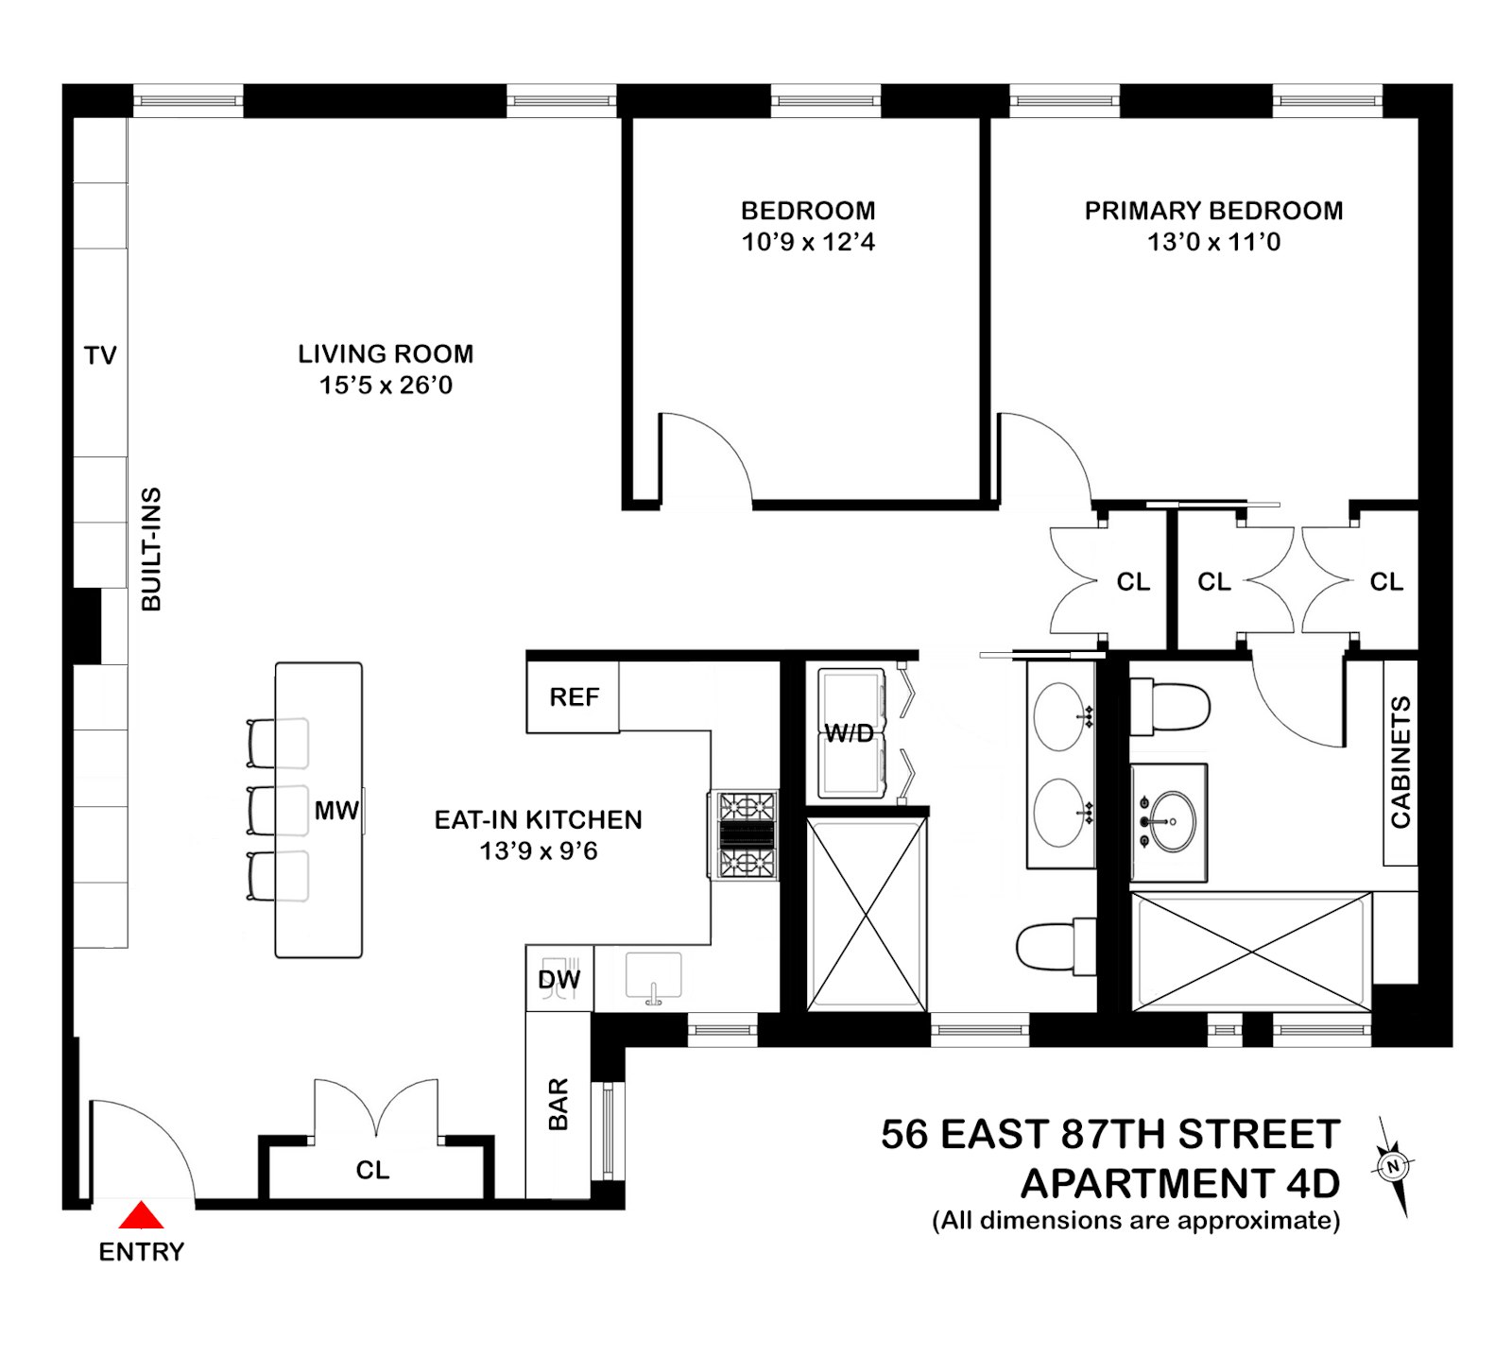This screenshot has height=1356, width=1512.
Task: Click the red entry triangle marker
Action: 141,1215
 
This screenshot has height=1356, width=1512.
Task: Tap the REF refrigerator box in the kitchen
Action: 573,697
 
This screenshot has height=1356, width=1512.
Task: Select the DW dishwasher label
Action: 558,980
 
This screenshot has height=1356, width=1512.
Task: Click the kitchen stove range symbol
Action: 746,836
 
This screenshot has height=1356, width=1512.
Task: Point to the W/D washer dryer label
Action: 849,734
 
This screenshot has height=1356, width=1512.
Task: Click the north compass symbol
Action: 1392,1166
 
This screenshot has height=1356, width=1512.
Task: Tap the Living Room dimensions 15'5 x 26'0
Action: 386,386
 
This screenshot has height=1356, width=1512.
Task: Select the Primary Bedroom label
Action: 1213,211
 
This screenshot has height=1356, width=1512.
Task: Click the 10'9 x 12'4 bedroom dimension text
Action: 808,242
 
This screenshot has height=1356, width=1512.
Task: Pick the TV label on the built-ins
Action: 100,355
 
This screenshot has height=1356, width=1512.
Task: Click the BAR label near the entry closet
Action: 558,1104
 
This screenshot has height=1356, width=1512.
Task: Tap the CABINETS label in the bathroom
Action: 1400,763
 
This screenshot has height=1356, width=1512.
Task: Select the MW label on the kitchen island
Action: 336,810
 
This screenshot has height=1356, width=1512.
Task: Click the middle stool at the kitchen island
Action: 277,810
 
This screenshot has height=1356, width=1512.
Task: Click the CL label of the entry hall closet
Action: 372,1170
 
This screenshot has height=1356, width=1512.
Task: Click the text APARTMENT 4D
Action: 1180,1183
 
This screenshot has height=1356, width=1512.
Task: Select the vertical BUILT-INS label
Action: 151,549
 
